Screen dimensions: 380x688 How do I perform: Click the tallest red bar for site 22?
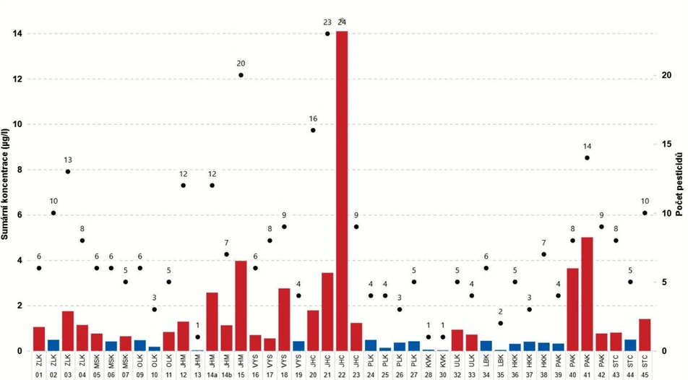(x=342, y=191)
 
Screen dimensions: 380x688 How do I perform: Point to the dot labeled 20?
(x=241, y=75)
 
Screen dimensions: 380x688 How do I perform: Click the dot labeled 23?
(x=327, y=33)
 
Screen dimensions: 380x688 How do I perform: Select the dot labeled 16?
(x=313, y=130)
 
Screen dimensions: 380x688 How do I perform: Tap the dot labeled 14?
(x=587, y=157)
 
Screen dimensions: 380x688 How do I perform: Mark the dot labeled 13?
(x=68, y=171)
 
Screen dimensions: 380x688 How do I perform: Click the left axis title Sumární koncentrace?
(x=7, y=181)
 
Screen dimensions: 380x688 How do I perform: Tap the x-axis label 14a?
(x=212, y=374)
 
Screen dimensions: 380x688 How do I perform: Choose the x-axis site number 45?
(x=645, y=374)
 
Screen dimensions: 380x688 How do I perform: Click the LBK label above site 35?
(x=501, y=358)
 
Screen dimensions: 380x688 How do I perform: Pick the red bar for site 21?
(x=327, y=311)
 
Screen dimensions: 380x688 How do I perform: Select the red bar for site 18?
(x=284, y=319)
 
